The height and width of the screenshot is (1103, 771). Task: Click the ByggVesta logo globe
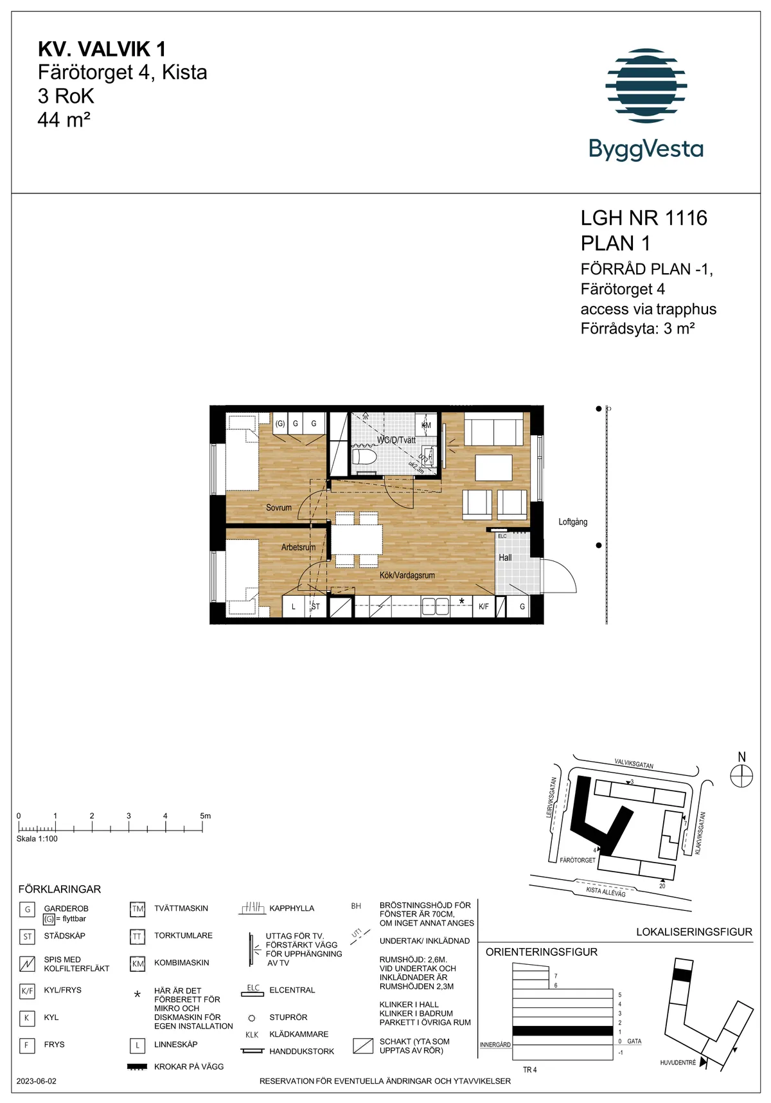[x=646, y=85]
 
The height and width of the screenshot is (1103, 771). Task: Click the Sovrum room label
[x=279, y=508]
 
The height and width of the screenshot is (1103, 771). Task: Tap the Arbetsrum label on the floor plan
[x=298, y=548]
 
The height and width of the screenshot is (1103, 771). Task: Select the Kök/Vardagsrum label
[x=407, y=575]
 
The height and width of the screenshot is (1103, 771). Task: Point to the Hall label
[x=505, y=558]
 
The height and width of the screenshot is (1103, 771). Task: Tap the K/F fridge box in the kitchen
[x=484, y=607]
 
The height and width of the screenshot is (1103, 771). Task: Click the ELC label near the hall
[x=502, y=536]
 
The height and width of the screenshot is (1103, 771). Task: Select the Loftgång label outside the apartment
[x=572, y=522]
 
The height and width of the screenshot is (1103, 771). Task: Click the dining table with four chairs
[x=357, y=540]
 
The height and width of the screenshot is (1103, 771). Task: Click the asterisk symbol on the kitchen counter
[x=461, y=602]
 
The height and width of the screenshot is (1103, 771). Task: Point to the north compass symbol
[x=741, y=776]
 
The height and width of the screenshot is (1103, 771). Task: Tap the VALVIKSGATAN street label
[x=634, y=764]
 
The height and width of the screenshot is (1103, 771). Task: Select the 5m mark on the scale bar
[x=204, y=816]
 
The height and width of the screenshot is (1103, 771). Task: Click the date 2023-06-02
[x=37, y=1081]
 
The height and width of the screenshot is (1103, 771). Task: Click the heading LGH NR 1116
[x=644, y=219]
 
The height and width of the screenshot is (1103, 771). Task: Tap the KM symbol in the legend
[x=137, y=964]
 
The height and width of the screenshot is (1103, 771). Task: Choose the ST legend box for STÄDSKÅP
[x=27, y=937]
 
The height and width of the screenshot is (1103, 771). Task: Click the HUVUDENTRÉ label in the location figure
[x=678, y=1063]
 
